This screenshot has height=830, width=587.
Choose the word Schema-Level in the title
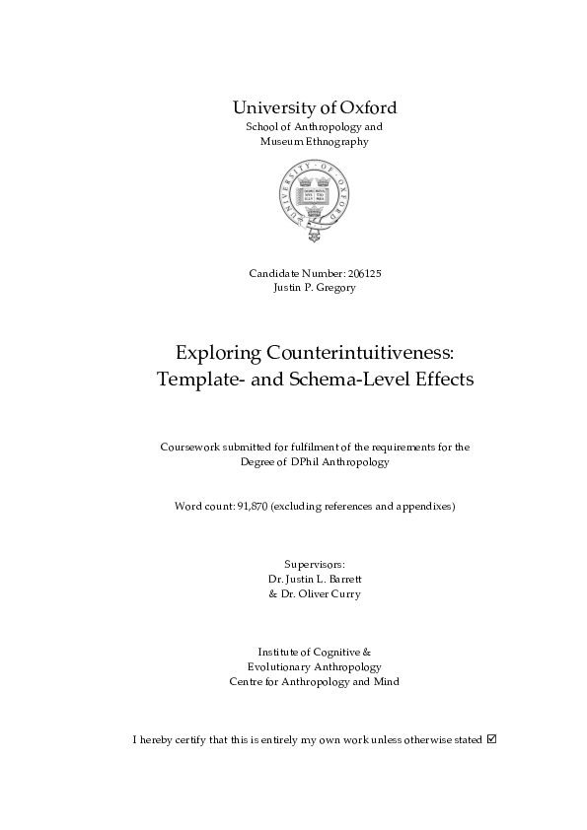pyautogui.click(x=340, y=379)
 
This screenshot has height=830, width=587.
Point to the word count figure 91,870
pyautogui.click(x=252, y=506)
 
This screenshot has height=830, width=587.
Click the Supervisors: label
pyautogui.click(x=314, y=564)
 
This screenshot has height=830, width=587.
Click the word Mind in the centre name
pyautogui.click(x=387, y=681)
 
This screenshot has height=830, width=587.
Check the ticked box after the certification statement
pyautogui.click(x=492, y=738)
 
